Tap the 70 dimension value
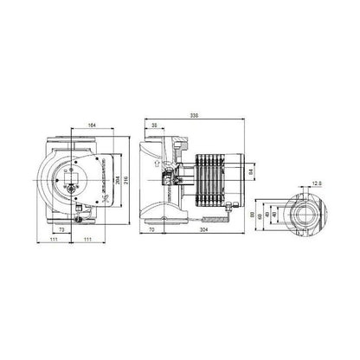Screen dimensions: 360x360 (152, 233)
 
